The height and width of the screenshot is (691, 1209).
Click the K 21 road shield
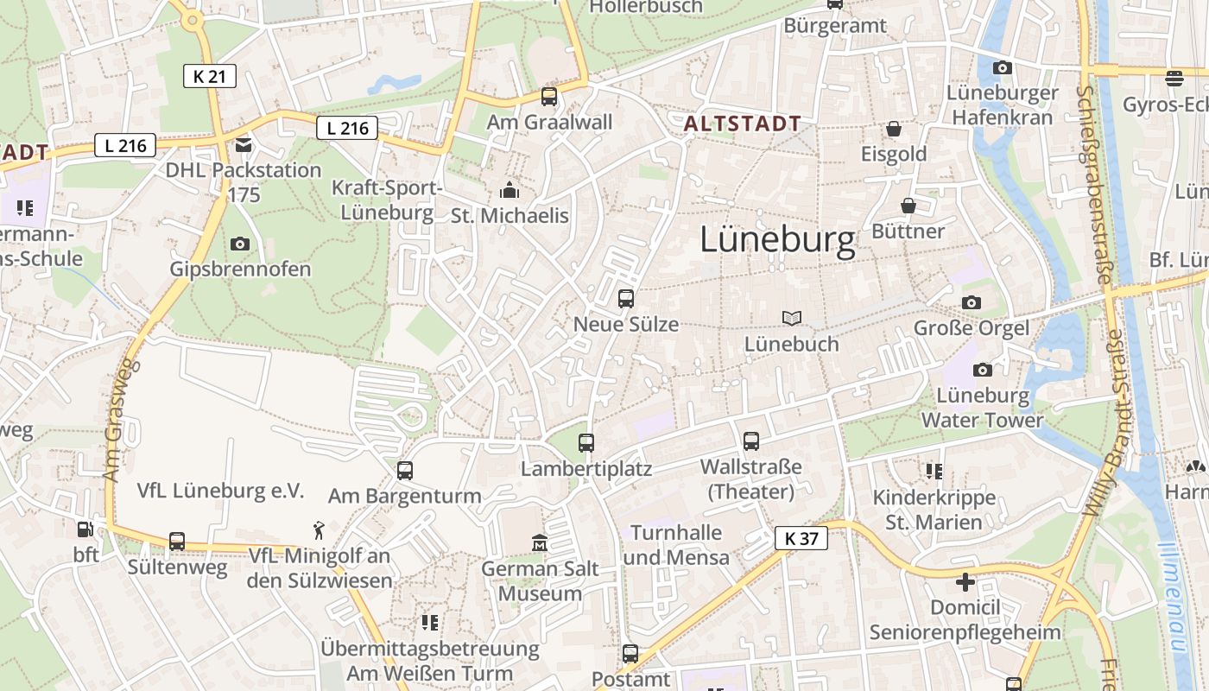(210, 76)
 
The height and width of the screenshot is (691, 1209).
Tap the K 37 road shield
(801, 539)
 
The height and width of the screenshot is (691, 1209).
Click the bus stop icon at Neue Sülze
(626, 299)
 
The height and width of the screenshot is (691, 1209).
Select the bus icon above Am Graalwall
(549, 96)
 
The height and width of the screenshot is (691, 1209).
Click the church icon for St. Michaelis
(510, 190)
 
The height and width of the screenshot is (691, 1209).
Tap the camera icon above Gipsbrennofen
(240, 244)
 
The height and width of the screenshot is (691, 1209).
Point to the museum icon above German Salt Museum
(540, 543)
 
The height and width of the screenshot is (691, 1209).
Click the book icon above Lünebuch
(792, 318)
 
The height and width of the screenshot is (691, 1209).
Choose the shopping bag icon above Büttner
(908, 206)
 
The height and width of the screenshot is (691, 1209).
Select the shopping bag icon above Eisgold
(894, 129)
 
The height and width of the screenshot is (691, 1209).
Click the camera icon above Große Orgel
(972, 302)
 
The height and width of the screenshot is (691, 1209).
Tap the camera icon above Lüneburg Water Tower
(983, 370)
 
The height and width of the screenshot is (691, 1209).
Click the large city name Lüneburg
(777, 239)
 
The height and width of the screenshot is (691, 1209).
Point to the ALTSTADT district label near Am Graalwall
(743, 124)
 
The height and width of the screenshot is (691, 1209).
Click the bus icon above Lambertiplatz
(586, 442)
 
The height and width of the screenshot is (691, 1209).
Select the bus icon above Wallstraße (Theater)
(751, 441)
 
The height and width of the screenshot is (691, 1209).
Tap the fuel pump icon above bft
(85, 529)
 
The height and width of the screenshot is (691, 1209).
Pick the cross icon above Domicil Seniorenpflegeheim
(965, 581)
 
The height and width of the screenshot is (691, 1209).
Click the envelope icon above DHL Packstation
(244, 144)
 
